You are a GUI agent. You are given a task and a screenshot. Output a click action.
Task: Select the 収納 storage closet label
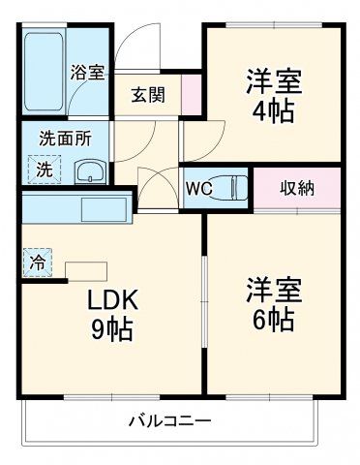pos(297,188)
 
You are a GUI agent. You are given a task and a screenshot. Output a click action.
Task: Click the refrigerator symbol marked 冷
pos(36,262)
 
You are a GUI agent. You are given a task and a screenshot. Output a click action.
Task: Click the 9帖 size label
pos(113,327)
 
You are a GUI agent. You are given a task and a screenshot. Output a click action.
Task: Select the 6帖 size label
pos(274,317)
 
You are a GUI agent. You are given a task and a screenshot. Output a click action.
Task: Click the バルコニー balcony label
pos(170,420)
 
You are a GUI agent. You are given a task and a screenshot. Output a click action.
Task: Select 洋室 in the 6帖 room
pos(274,289)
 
